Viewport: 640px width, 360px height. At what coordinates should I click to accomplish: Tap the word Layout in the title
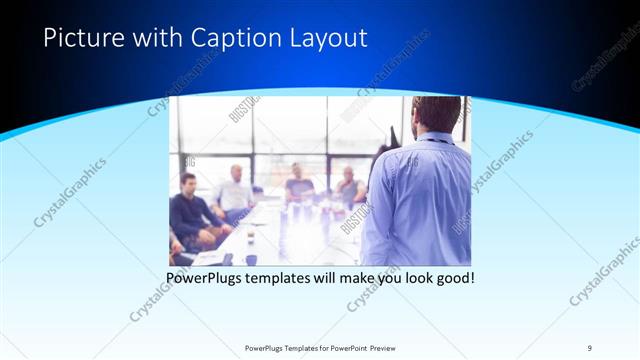327,39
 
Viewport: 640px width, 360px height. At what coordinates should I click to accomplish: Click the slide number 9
590,347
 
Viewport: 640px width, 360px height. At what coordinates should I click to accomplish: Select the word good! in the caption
453,277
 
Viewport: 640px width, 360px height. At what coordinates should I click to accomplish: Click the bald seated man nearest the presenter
348,185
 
